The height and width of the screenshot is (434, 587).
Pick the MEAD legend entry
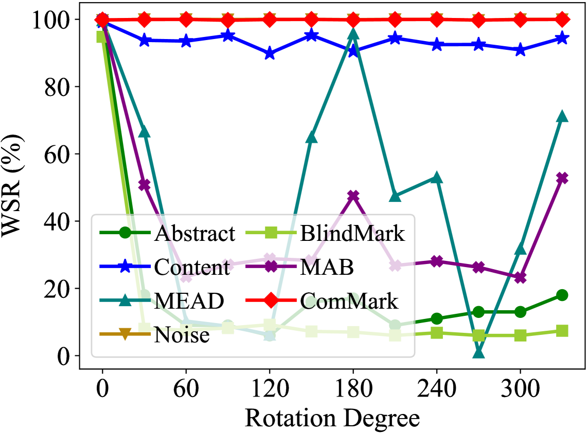(188, 301)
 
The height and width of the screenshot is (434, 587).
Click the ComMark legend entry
(349, 301)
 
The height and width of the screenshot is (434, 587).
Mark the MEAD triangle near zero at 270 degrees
(479, 352)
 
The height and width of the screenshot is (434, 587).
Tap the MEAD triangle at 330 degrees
(562, 117)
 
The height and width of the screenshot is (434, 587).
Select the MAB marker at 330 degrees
(562, 178)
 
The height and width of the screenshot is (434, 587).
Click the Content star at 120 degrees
(270, 54)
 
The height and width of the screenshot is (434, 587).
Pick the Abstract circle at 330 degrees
(562, 295)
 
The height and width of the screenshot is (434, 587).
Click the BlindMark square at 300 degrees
(521, 335)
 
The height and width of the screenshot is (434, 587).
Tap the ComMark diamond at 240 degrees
(437, 20)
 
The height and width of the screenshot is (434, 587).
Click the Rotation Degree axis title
(332, 418)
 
